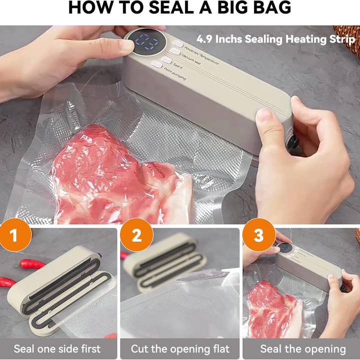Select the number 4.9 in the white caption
coord(206,38)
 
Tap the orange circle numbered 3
coord(258,235)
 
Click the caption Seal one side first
coord(57,348)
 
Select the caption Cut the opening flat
coord(180,348)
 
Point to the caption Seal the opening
coord(303,348)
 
